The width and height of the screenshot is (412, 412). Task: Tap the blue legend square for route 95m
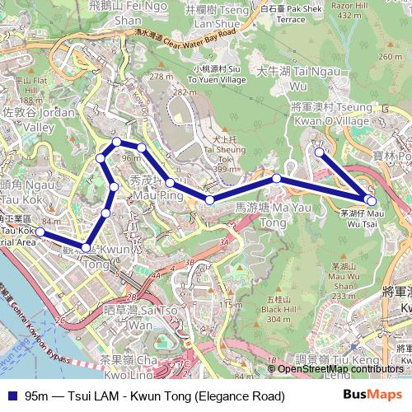(10, 397)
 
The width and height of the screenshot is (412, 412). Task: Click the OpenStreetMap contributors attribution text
(340, 369)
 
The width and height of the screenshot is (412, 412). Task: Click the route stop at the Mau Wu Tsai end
(372, 200)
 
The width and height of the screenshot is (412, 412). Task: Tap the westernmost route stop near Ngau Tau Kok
(40, 232)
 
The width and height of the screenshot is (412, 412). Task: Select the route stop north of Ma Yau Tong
(277, 179)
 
